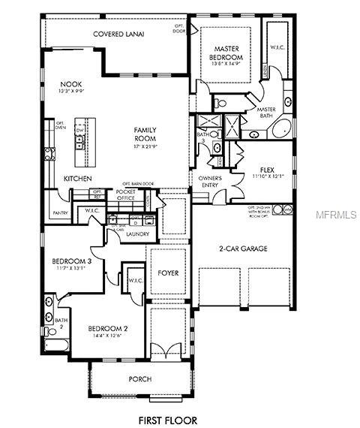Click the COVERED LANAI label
(x=118, y=35)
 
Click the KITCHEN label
(x=78, y=178)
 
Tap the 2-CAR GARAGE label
(x=243, y=249)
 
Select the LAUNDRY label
(x=137, y=234)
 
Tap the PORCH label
(x=140, y=379)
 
